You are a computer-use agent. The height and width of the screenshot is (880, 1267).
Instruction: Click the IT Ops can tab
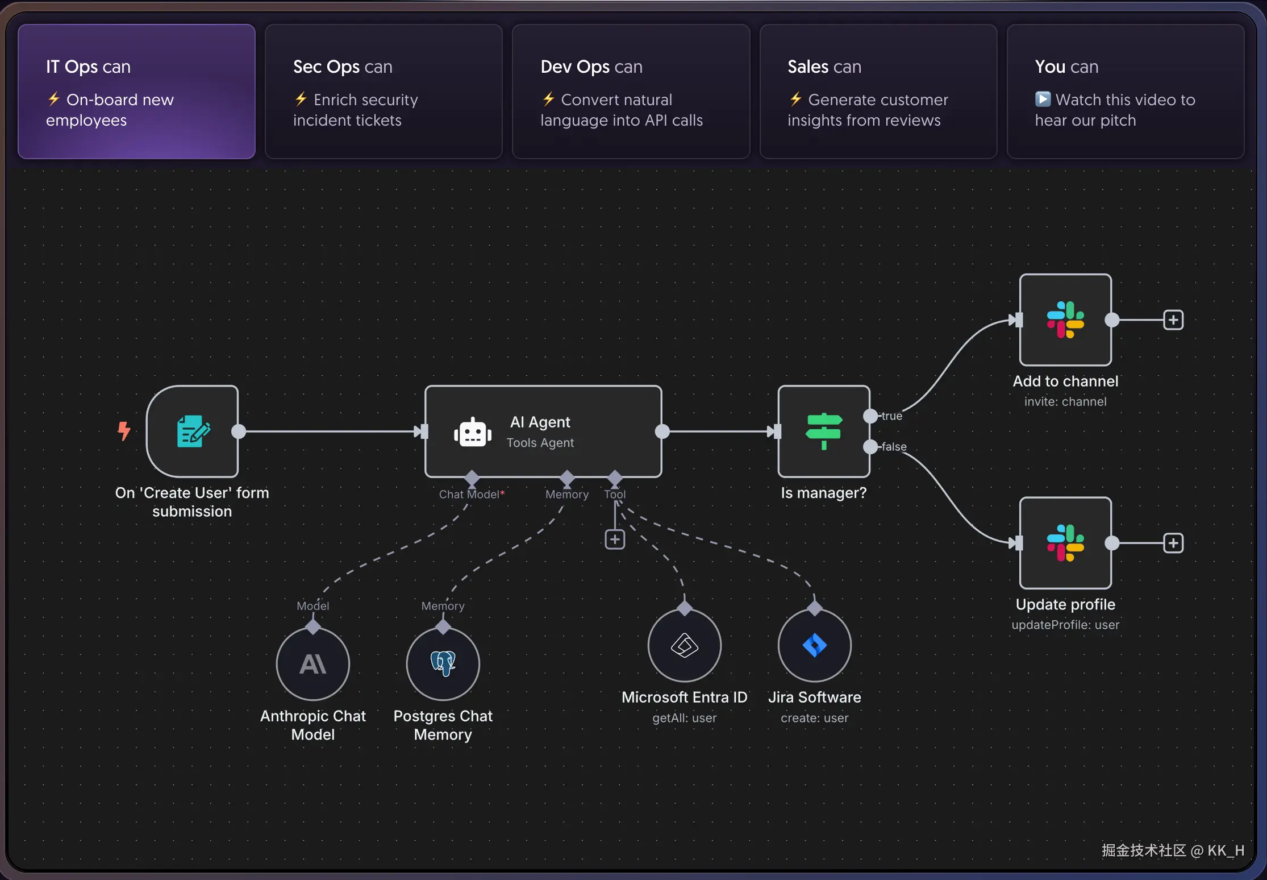click(x=136, y=91)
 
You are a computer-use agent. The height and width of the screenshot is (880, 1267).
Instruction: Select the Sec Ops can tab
click(x=384, y=91)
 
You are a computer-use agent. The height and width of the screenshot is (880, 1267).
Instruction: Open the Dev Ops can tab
click(x=631, y=91)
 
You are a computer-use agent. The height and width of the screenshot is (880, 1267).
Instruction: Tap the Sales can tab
click(x=878, y=91)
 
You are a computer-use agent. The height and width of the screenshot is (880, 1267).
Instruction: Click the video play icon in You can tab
click(x=1043, y=99)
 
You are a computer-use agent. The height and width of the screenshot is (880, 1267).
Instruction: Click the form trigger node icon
click(x=193, y=431)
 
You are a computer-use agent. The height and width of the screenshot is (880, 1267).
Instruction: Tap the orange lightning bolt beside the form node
click(x=124, y=431)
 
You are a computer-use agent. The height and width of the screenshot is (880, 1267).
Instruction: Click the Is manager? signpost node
click(x=823, y=431)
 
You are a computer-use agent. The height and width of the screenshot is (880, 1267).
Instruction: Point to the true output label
click(x=891, y=416)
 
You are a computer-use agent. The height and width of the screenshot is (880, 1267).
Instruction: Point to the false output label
click(x=894, y=447)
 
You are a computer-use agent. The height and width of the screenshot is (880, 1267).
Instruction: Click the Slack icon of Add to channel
click(x=1065, y=319)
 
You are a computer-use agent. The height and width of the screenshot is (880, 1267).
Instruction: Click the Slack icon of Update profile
click(x=1065, y=543)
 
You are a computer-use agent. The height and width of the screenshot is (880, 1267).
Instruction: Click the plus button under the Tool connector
click(x=615, y=539)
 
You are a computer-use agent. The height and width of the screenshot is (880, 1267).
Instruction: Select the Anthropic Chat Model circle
click(x=313, y=664)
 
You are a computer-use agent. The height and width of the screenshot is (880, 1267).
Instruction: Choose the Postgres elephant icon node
click(x=443, y=664)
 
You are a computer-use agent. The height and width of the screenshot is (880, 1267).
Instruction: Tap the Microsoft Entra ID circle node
click(x=685, y=645)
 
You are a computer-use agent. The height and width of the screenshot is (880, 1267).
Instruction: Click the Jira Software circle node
click(x=814, y=645)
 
